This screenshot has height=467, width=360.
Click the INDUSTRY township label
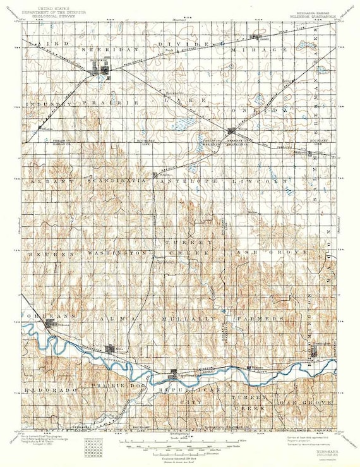[x=54, y=101]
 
